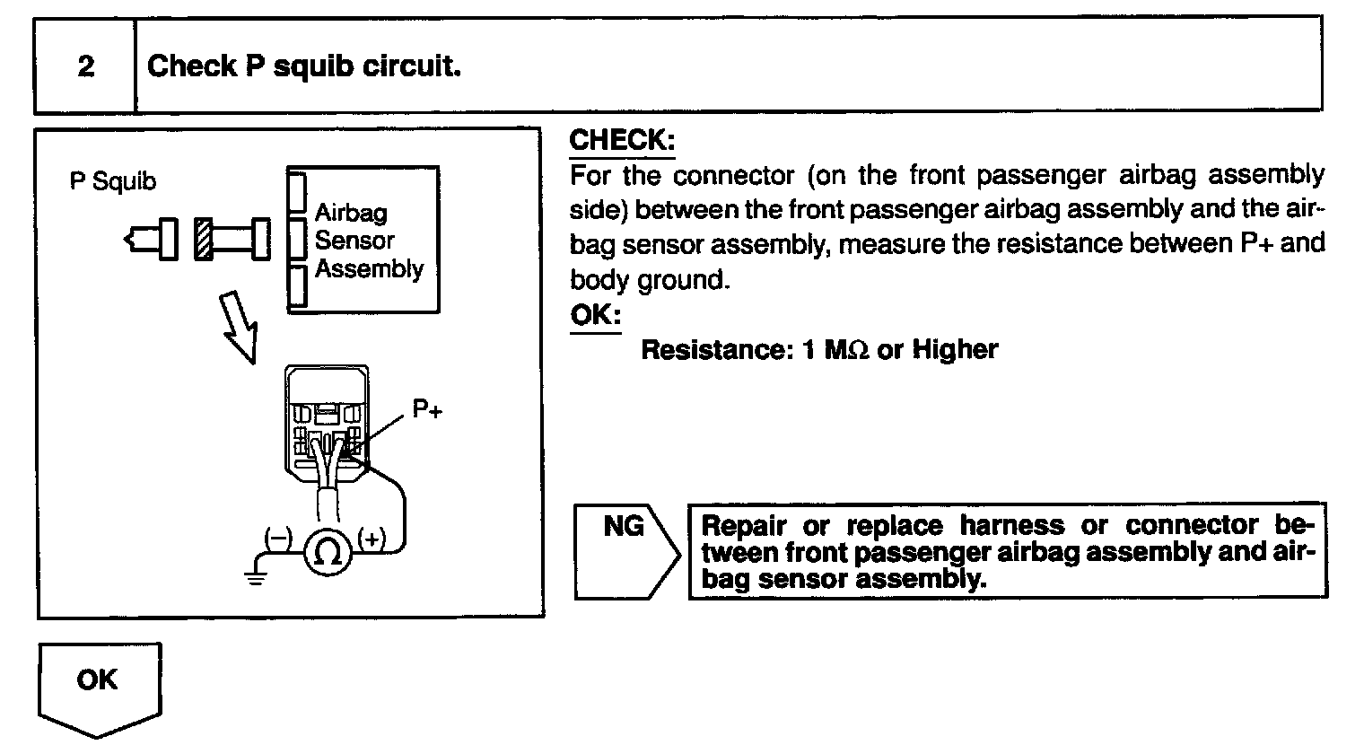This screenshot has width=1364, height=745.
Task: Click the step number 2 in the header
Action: (85, 66)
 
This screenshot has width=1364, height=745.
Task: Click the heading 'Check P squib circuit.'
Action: (303, 66)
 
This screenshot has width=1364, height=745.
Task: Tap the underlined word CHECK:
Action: (621, 141)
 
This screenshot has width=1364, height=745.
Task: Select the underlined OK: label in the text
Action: (594, 316)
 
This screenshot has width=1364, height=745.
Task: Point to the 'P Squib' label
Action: (113, 181)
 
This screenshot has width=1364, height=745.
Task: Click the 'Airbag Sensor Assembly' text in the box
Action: (368, 241)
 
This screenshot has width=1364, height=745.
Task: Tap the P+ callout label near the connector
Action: (427, 408)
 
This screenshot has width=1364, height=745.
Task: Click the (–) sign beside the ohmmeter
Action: (278, 538)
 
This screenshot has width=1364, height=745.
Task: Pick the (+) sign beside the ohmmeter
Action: (372, 538)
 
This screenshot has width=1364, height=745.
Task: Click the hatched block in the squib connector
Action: (203, 239)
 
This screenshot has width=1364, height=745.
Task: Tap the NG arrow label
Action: (625, 526)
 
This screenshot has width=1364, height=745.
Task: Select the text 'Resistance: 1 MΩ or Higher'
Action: (818, 349)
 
